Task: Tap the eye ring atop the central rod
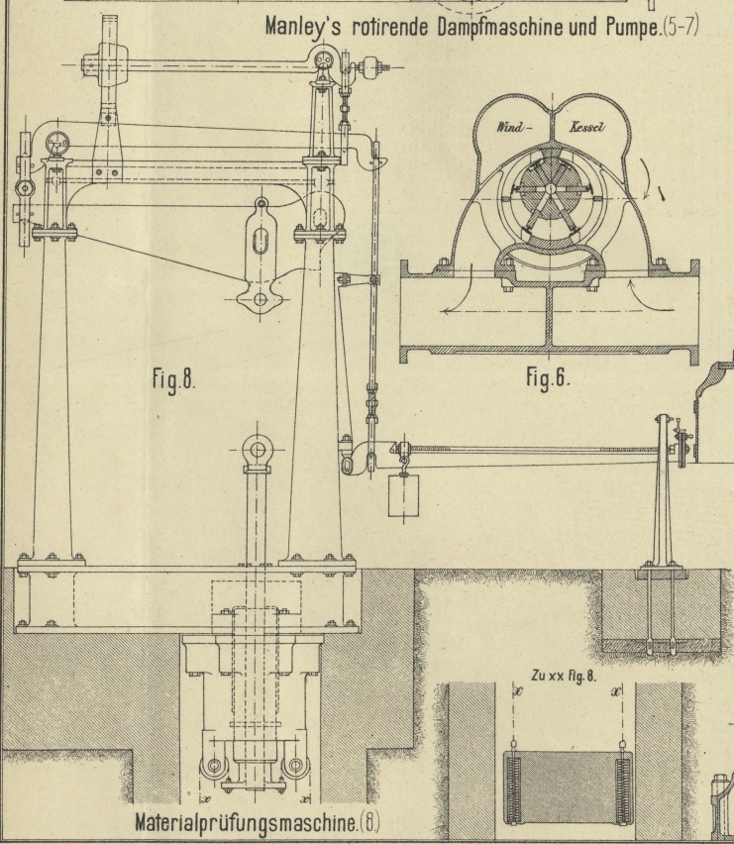click(258, 452)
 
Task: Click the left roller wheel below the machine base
click(211, 770)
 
